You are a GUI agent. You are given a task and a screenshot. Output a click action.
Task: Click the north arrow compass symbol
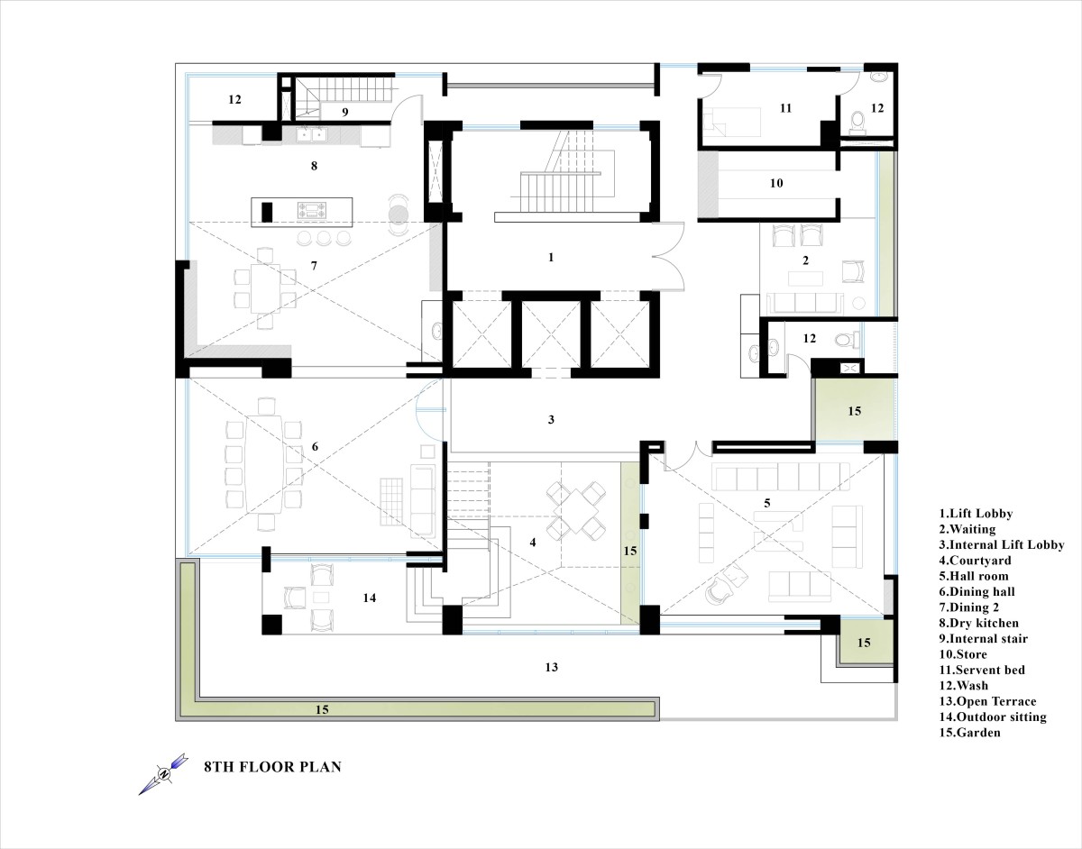163,774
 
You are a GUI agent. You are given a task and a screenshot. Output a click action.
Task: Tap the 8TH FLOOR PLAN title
273,767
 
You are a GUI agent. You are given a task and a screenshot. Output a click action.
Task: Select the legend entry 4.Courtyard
975,561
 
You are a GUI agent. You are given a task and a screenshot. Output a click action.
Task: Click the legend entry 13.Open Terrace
987,701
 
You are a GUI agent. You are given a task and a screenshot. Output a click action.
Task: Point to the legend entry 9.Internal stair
984,638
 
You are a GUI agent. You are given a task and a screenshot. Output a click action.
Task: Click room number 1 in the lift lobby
551,257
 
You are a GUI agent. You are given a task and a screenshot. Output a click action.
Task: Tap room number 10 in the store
776,183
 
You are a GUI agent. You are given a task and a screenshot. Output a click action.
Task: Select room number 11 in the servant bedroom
785,108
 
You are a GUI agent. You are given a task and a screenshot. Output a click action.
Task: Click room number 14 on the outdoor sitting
369,598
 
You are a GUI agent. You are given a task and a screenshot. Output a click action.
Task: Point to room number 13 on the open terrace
551,667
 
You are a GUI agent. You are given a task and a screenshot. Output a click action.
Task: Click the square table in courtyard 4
575,511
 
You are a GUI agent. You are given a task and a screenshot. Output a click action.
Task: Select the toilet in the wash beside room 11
857,121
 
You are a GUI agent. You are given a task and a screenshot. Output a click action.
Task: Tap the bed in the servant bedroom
731,122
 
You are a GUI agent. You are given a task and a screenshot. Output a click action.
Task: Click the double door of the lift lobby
668,256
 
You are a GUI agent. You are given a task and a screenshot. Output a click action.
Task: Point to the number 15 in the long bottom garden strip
322,709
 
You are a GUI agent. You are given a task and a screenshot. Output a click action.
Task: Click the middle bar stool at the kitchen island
324,238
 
